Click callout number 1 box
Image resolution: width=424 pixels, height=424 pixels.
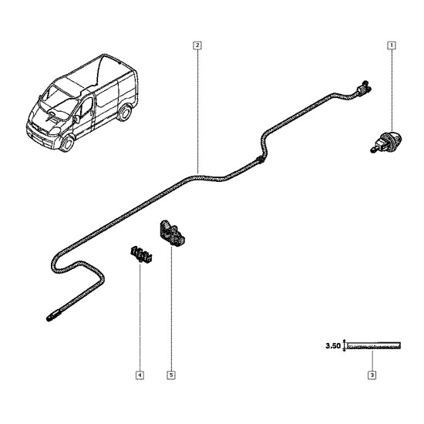click(x=392, y=45)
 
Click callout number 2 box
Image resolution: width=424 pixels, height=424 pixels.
click(x=197, y=45)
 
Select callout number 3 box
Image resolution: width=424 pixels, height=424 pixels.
click(x=372, y=375)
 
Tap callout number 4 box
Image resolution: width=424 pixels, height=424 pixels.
click(x=140, y=375)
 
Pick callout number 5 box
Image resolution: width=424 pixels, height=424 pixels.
click(x=171, y=375)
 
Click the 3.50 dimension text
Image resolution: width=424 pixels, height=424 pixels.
click(x=333, y=345)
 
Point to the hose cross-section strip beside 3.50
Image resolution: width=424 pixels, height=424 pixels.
click(x=374, y=345)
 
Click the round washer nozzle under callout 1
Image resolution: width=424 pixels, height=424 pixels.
click(x=386, y=141)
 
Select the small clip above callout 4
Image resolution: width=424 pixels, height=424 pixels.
click(x=141, y=254)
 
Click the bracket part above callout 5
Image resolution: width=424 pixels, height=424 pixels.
click(x=172, y=233)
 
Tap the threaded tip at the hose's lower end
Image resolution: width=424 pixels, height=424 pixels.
click(x=53, y=316)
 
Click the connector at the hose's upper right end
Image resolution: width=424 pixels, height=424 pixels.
click(x=364, y=89)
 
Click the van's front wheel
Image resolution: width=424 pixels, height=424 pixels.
click(x=67, y=143)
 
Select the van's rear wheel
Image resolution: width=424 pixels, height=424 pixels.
click(x=125, y=113)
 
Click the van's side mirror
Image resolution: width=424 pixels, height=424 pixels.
click(x=76, y=119)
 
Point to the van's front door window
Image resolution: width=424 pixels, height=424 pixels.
click(x=86, y=106)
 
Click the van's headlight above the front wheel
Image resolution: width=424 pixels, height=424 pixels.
click(x=55, y=131)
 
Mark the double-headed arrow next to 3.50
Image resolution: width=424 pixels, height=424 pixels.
click(x=345, y=345)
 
